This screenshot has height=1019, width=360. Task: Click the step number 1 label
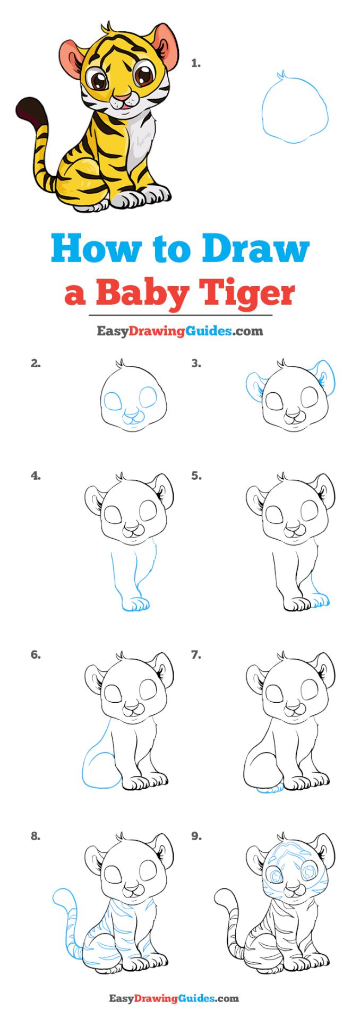tap(195, 64)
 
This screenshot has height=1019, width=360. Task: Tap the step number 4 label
tap(36, 476)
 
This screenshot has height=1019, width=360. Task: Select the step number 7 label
tap(196, 655)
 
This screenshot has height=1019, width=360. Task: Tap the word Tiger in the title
tap(249, 293)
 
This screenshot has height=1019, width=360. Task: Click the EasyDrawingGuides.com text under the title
tap(179, 331)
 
